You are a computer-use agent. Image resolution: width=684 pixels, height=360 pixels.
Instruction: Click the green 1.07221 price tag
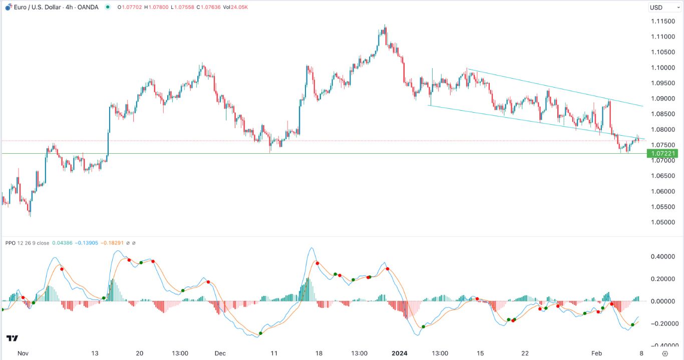[x=662, y=154]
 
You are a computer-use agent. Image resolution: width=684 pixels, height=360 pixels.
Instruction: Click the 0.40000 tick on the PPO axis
[x=661, y=256]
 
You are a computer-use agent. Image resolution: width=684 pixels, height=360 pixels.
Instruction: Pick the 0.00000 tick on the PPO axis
[x=661, y=301]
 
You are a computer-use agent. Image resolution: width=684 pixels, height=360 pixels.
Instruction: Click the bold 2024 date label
[x=400, y=352]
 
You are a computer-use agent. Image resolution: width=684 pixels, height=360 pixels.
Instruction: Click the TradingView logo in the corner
[x=13, y=338]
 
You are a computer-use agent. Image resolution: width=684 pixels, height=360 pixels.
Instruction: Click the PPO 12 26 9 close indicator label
[x=28, y=243]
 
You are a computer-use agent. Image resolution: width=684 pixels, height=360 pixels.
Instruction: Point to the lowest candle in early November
[x=30, y=213]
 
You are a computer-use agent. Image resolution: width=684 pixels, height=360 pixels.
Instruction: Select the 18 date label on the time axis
[x=319, y=352]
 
